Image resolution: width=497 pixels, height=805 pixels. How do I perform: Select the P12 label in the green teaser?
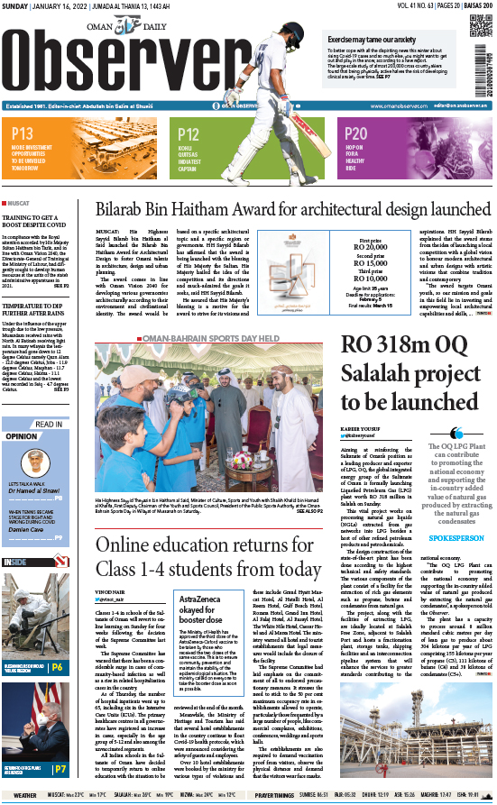(189, 133)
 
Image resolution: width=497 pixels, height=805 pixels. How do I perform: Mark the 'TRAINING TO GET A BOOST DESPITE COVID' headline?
(36, 223)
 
